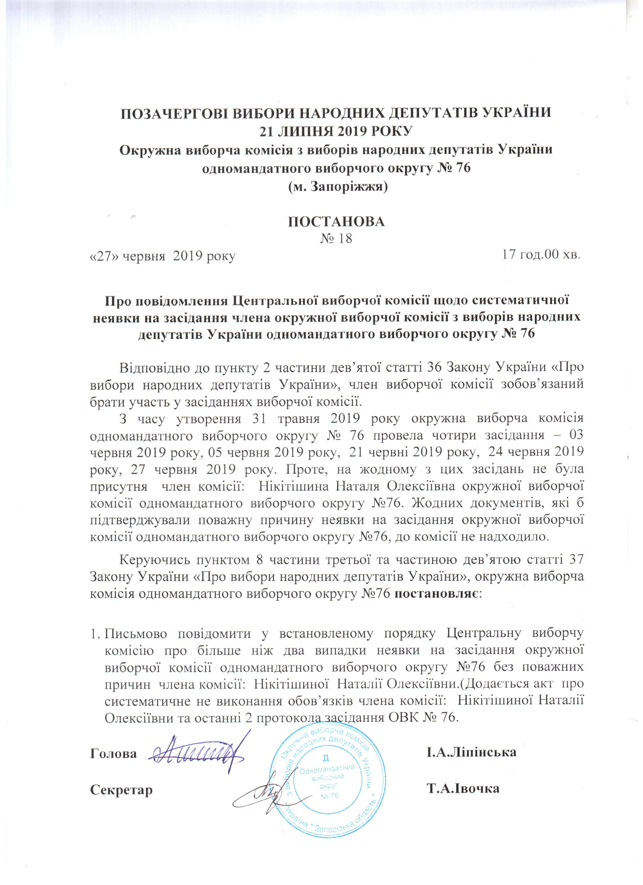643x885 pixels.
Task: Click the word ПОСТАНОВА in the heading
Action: coord(336,222)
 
